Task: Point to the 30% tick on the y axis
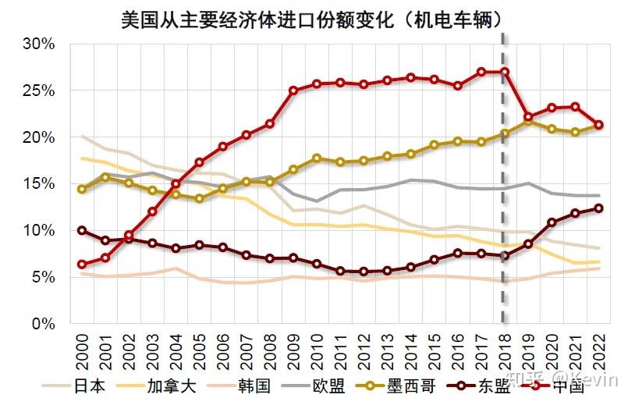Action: tap(39, 44)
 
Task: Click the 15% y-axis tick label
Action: tap(39, 184)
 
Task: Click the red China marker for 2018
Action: tap(505, 72)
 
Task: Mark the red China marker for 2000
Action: tap(82, 265)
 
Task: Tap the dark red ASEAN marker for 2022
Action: tap(598, 208)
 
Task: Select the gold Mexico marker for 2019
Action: tap(528, 121)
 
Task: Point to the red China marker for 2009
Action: tap(293, 91)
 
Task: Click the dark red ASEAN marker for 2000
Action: tap(82, 231)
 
